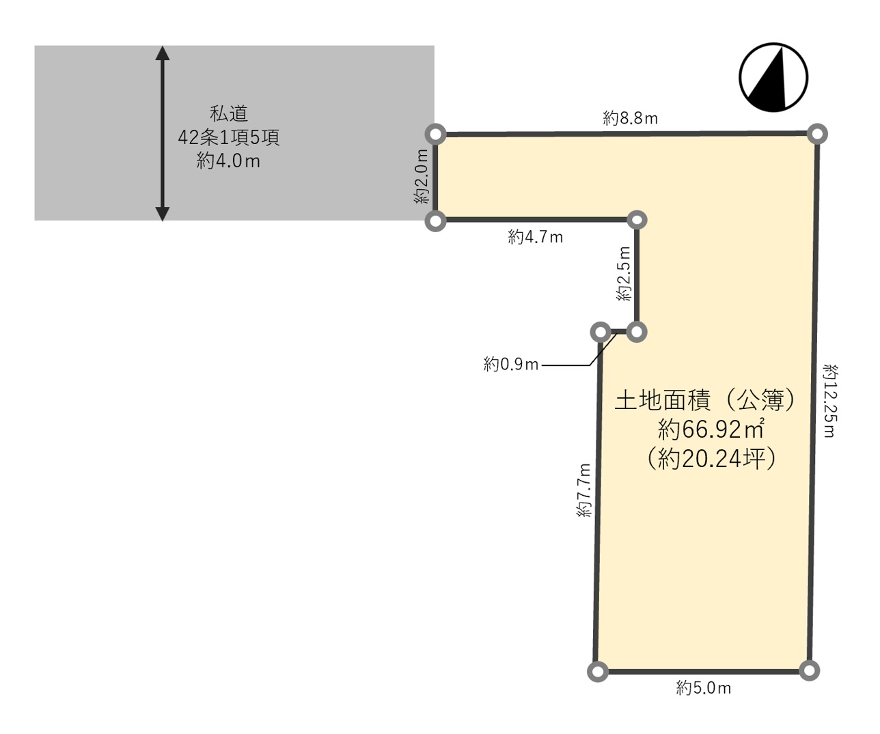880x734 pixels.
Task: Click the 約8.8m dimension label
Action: pos(630,118)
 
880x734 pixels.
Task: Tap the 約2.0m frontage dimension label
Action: pos(422,177)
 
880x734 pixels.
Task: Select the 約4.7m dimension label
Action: pos(535,237)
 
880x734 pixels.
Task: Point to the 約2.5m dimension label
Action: pos(624,274)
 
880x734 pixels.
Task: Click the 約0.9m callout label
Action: pos(511,364)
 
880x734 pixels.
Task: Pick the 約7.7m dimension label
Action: pos(584,490)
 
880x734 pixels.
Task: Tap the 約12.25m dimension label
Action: pos(830,401)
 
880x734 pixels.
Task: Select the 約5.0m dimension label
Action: pos(704,688)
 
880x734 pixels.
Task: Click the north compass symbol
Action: pos(773,77)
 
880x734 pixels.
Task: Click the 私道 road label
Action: pos(228,114)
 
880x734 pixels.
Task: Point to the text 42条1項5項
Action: pos(228,137)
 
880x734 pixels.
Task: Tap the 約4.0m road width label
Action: pos(228,161)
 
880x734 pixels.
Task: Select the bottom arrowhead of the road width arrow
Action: pos(162,214)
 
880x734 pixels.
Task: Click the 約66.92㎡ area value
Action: pos(711,429)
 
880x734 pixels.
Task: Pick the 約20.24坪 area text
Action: pos(711,458)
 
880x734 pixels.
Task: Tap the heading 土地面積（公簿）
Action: pos(704,400)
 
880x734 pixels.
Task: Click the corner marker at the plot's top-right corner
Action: pos(817,135)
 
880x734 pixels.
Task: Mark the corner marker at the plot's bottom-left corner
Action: pos(598,671)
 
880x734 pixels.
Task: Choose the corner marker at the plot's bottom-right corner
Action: pos(809,671)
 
